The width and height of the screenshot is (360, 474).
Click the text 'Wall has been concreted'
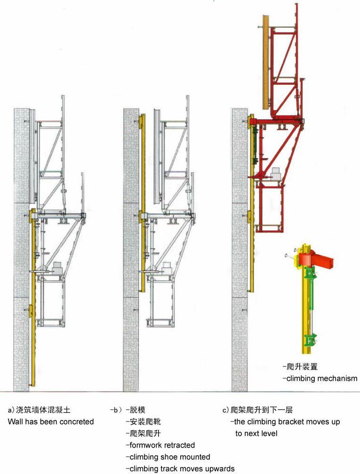pos(51,421)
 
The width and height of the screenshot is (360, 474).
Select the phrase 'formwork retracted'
pos(162,445)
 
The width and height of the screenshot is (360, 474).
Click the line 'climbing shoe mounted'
pos(170,457)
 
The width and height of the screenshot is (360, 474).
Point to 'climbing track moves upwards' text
pos(182,468)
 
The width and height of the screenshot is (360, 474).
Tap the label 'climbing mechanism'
pos(321,378)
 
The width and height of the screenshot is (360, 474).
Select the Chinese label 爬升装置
pos(302,367)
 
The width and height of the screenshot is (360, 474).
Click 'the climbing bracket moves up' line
pos(287,421)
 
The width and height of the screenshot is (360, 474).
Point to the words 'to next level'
pos(256,433)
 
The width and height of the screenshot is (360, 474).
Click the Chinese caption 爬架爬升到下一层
pos(262,410)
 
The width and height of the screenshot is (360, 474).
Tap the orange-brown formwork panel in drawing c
pos(265,62)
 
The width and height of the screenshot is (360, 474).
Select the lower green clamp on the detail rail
pos(309,340)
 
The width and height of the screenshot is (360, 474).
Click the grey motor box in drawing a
pos(57,268)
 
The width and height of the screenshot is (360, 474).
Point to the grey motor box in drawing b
pos(166,268)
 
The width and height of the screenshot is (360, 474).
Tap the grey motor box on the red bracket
pos(276,174)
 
